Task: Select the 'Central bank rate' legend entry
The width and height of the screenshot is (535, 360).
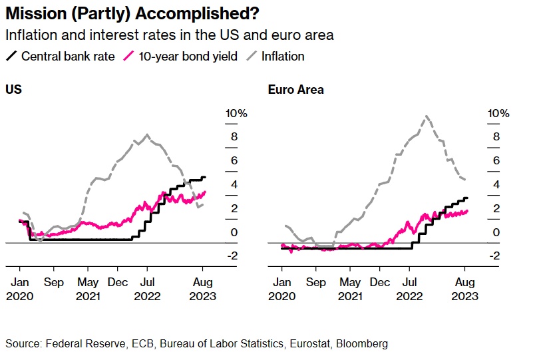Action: [61, 57]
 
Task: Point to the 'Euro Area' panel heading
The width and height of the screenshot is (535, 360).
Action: [295, 89]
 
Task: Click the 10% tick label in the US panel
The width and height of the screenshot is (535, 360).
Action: [236, 114]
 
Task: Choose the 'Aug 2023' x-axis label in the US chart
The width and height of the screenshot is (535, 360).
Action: [204, 289]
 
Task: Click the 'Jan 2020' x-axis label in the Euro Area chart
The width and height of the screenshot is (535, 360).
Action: [281, 289]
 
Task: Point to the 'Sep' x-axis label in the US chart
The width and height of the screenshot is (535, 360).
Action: [54, 282]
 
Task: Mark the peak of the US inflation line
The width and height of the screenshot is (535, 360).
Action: [147, 134]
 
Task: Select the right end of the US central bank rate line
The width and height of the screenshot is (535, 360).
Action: [205, 177]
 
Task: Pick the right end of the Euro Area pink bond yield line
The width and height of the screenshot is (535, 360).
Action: [468, 211]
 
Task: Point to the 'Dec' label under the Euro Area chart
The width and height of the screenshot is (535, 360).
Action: [379, 282]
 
